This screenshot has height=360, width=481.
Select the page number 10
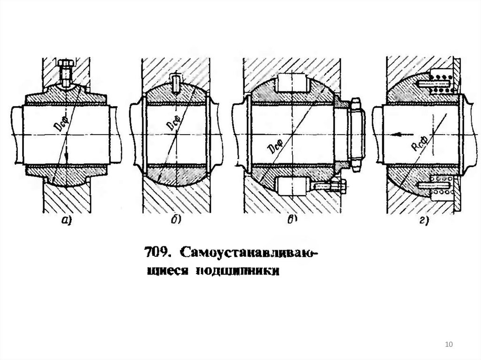coord(448,345)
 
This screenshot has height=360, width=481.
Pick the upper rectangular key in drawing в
coord(292,84)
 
